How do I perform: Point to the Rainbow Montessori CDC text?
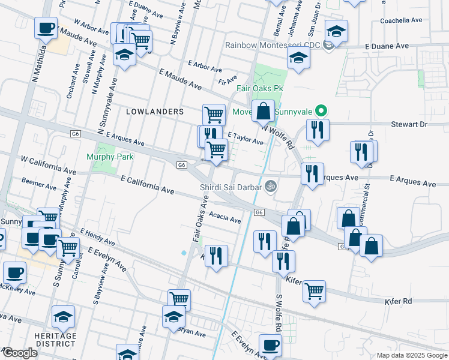[x=273, y=46]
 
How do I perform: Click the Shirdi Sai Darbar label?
[x=231, y=187]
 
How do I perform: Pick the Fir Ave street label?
[x=228, y=79]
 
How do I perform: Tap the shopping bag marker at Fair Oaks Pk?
[x=263, y=112]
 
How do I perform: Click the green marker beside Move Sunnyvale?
[x=321, y=111]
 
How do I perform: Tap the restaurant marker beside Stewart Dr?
[x=317, y=130]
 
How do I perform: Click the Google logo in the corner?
[x=20, y=353]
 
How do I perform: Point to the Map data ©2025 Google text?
[x=412, y=355]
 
